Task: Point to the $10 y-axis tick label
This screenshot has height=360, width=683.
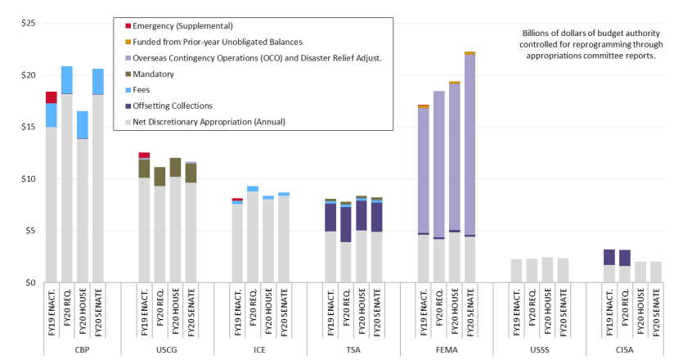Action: [27, 178]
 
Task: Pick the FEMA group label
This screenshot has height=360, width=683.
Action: [447, 349]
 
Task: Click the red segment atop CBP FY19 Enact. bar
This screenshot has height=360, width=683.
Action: [51, 97]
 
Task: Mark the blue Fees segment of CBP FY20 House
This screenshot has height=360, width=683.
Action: [82, 125]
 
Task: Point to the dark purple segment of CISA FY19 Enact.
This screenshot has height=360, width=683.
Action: [609, 257]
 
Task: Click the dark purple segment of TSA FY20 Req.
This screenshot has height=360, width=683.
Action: [346, 224]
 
